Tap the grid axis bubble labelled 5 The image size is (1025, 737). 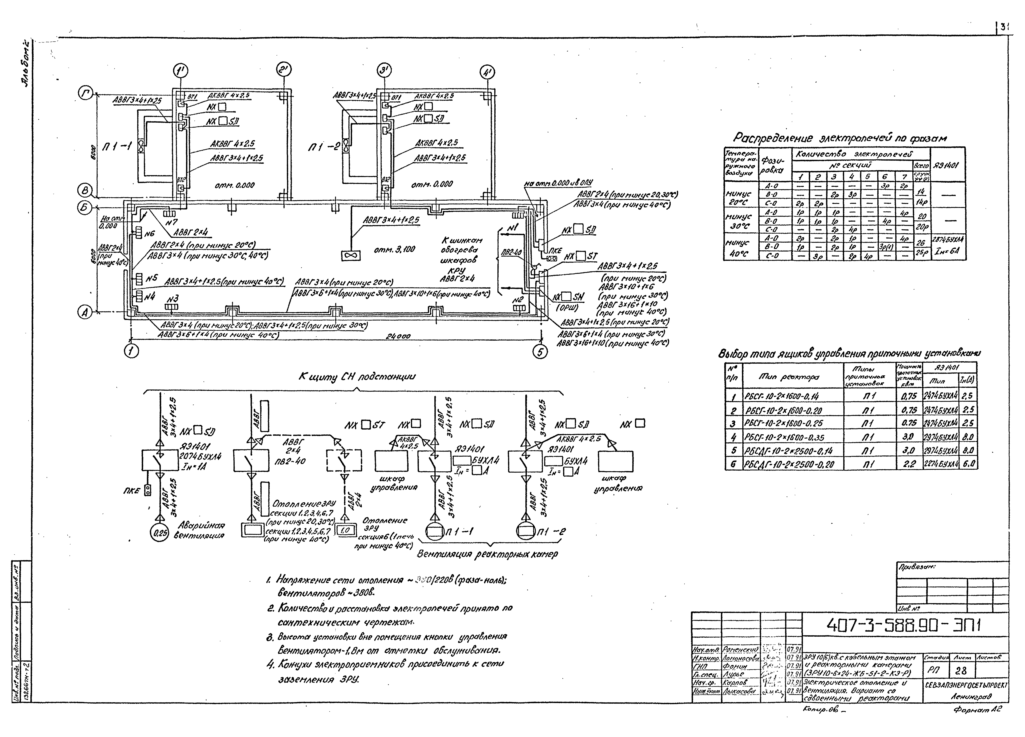tap(540, 351)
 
